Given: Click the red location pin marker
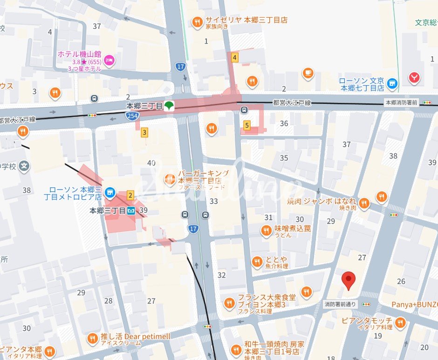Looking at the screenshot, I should pyautogui.click(x=349, y=280).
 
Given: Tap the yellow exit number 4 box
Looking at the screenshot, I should pyautogui.click(x=235, y=58).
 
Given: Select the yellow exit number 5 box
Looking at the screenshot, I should pyautogui.click(x=247, y=125).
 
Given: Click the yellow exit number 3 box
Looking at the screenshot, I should pyautogui.click(x=144, y=133).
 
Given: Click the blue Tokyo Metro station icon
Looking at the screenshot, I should pyautogui.click(x=132, y=211).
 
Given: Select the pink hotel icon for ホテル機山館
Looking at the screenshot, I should pyautogui.click(x=109, y=59).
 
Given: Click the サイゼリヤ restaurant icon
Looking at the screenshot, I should pyautogui.click(x=198, y=21).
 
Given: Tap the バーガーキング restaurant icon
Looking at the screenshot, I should pyautogui.click(x=170, y=178).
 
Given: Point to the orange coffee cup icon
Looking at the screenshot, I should pyautogui.click(x=308, y=73).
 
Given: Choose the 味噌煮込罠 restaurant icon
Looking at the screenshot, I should pyautogui.click(x=266, y=230).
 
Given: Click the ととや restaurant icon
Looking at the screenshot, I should pyautogui.click(x=257, y=262).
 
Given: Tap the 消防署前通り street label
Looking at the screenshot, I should pyautogui.click(x=340, y=304).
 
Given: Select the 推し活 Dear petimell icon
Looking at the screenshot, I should pyautogui.click(x=92, y=338).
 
